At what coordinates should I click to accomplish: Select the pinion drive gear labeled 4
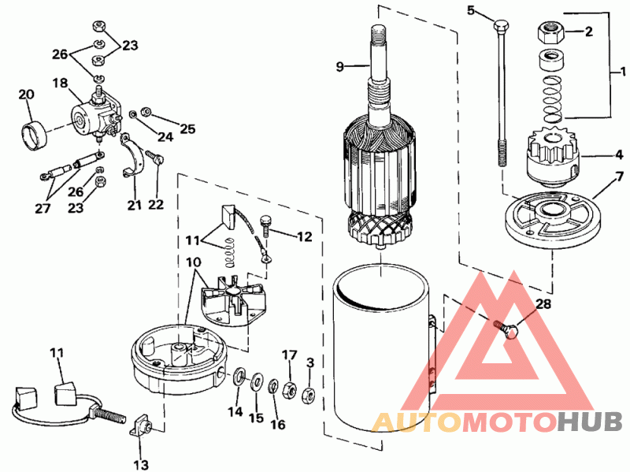click(552, 157)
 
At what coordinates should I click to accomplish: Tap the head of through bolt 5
click(501, 27)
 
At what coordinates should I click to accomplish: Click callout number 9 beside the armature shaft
click(340, 66)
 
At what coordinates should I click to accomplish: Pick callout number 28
click(543, 304)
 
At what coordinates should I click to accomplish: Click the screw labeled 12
click(266, 227)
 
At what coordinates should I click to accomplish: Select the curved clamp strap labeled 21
click(133, 156)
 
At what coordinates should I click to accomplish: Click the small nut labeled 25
click(146, 111)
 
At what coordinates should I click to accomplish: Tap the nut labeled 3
click(308, 396)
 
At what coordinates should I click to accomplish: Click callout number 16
click(278, 424)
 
